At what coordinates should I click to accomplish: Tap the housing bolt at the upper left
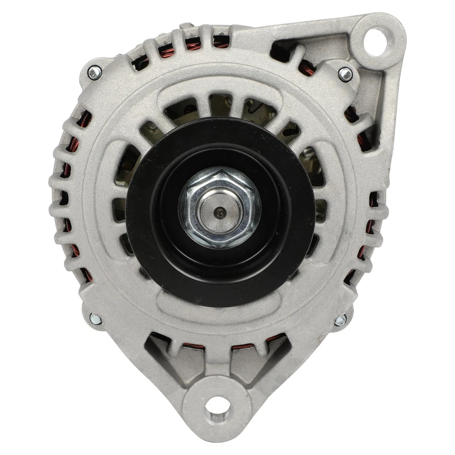[95, 73]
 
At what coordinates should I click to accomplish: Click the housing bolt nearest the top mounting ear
[346, 73]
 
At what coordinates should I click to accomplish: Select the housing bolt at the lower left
[96, 319]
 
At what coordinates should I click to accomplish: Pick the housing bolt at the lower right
[340, 320]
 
